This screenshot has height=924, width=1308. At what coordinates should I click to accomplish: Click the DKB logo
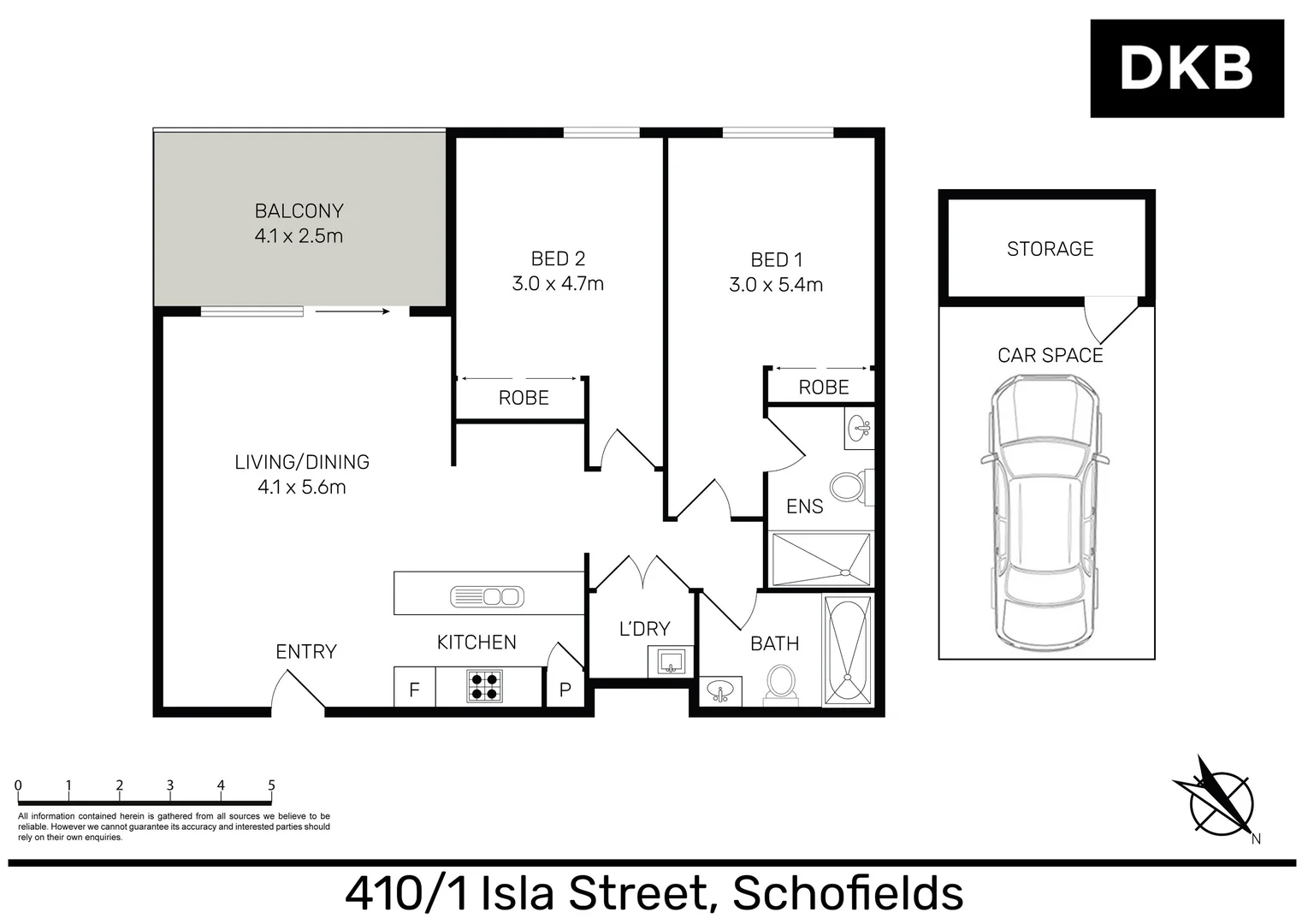point(1186,68)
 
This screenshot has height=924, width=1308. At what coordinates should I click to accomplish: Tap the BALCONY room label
point(299,210)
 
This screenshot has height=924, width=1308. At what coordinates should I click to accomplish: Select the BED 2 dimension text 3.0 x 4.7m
point(558,284)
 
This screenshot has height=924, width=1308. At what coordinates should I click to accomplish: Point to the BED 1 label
point(776,260)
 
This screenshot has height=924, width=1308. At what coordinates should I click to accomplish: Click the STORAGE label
point(1050,249)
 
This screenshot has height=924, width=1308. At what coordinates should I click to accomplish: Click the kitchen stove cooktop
point(484,686)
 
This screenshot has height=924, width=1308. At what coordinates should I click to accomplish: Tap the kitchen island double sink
point(486,596)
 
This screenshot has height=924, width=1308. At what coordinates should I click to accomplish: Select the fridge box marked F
point(414,688)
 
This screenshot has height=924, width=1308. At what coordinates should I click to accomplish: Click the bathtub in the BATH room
point(848,651)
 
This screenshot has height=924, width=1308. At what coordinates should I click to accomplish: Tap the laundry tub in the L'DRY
point(670,660)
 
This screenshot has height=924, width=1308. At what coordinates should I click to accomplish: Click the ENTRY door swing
point(296,690)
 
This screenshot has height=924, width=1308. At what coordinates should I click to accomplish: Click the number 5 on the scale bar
point(271,785)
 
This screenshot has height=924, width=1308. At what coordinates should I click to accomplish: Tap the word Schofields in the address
point(848,893)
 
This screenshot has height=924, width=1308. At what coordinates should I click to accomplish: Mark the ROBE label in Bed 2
point(524,398)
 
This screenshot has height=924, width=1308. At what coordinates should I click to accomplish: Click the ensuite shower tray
point(820,560)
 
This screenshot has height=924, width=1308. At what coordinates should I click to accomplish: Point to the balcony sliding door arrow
point(351,311)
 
